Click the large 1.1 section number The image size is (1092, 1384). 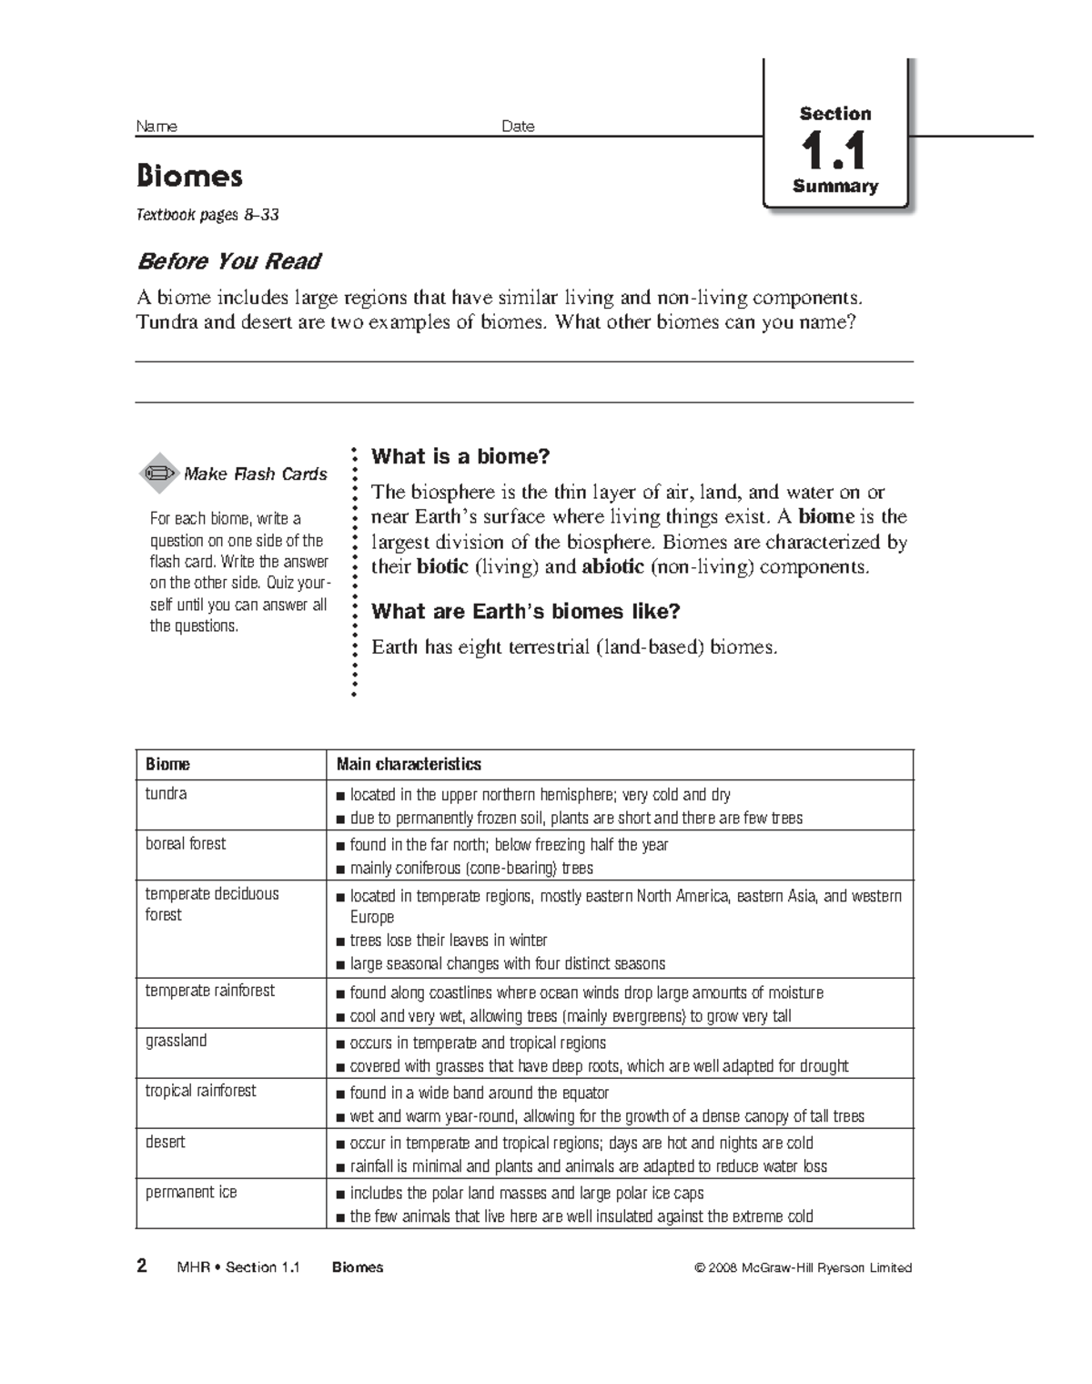point(834,151)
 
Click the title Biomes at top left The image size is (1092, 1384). point(189,175)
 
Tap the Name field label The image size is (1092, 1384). point(157,127)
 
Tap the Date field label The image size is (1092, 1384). point(518,127)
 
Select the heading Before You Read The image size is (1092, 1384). point(228,261)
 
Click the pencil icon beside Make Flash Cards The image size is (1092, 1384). point(158,473)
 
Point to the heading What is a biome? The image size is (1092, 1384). point(461,456)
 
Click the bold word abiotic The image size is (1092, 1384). point(613,566)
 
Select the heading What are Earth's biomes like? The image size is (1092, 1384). point(526,611)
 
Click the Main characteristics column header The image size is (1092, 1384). point(409,764)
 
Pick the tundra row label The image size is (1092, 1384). point(166,793)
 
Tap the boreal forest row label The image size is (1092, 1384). point(186,843)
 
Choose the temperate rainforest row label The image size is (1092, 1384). point(209,990)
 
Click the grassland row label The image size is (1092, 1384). point(176,1040)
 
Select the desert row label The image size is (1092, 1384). point(165,1141)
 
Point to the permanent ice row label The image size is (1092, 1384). point(191,1192)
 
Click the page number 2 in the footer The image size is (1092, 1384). point(141,1267)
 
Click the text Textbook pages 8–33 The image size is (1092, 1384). point(207,216)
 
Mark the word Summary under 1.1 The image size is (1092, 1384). point(834,187)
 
